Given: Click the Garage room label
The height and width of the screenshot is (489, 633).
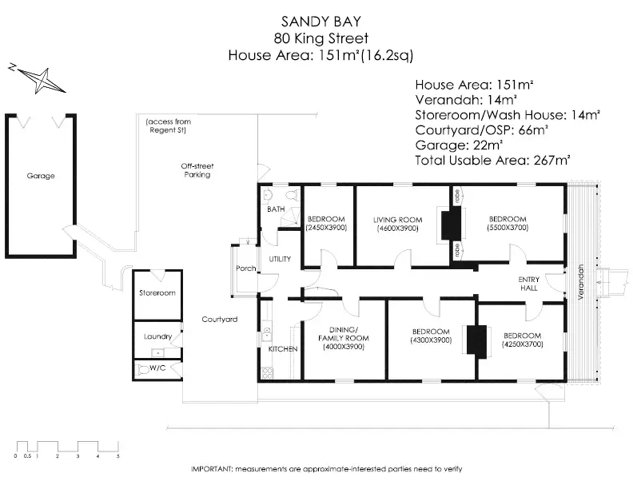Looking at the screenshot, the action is coord(41,176).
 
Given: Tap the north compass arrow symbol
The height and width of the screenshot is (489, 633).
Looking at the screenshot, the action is coord(38,78).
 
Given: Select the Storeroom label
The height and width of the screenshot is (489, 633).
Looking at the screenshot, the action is coord(157,293).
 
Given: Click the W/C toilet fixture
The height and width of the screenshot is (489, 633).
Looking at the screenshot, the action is coord(143,369).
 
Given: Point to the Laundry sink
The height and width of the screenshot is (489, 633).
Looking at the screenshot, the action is coord(157,353).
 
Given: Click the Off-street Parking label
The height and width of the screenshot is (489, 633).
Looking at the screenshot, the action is coord(197,170).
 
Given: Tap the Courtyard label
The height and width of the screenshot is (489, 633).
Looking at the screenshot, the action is coord(220,320).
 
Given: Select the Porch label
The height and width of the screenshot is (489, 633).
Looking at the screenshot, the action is coord(246,268).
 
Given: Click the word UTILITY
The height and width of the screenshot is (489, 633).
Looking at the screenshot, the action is coord(280,259).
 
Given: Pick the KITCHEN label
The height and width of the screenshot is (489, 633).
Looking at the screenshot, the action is coord(283,349).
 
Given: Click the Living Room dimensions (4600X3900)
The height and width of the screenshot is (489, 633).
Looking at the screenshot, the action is coord(398,229).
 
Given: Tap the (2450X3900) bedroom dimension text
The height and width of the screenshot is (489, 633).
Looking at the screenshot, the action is coord(326,228).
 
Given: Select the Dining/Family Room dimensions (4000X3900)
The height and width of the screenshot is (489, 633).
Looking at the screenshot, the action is coord(344,347).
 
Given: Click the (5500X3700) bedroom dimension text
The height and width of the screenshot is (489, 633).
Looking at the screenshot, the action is coord(508,228).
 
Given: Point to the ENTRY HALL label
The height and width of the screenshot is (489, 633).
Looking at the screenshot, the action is coord(529,284).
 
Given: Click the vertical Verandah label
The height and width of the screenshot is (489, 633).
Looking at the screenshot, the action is coord(581,281).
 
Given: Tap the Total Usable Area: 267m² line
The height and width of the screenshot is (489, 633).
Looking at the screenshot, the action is coord(492,161).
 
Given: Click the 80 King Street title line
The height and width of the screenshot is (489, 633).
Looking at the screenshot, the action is coord(321,38).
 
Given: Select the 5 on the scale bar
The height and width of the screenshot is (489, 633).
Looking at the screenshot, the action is coord(117,456).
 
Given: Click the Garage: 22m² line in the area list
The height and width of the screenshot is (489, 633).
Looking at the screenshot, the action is coord(459,145).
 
